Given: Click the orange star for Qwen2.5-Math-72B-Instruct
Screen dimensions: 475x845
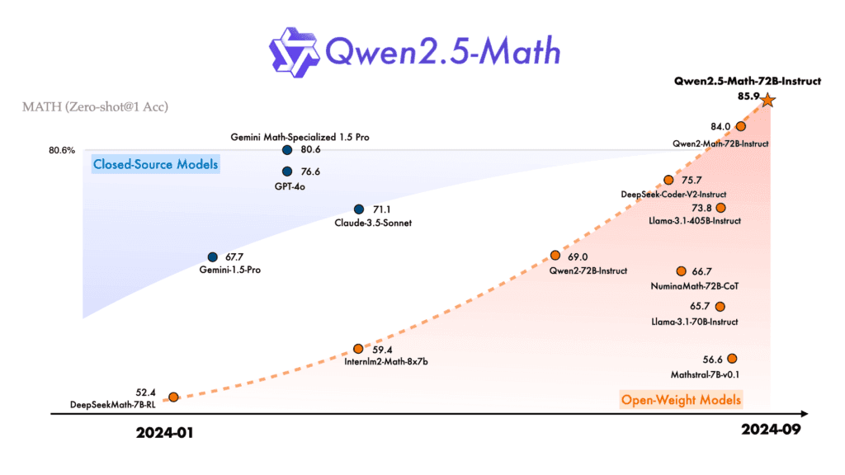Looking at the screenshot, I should coord(767,100).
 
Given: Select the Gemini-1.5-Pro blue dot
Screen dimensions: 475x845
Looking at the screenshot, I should coord(213,257).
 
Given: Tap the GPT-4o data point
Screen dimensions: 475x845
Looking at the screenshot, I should coord(287,172).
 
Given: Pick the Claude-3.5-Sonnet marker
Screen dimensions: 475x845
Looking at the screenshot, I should coord(359,209).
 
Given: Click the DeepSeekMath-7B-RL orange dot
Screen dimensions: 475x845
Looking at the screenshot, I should coord(173,397).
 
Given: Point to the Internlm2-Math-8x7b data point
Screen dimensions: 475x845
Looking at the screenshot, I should coord(358,349).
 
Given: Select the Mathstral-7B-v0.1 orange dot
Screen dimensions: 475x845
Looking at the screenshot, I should coord(732,358).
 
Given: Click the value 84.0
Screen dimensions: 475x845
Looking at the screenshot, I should coord(720,126).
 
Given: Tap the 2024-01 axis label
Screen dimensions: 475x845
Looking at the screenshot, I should coord(169,430).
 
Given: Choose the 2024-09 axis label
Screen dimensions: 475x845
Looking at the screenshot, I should coord(771,430).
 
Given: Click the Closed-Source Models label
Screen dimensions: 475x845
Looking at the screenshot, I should coord(155,164).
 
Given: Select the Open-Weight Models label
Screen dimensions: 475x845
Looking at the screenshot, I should coord(682,401).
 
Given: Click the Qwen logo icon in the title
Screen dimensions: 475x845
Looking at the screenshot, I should coord(296,51).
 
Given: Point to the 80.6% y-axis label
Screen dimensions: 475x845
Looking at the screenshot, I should coord(63,151).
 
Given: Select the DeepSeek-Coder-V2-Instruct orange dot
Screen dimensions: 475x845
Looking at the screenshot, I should coord(668,180).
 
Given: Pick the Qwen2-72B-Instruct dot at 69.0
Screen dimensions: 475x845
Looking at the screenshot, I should coord(555,256).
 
